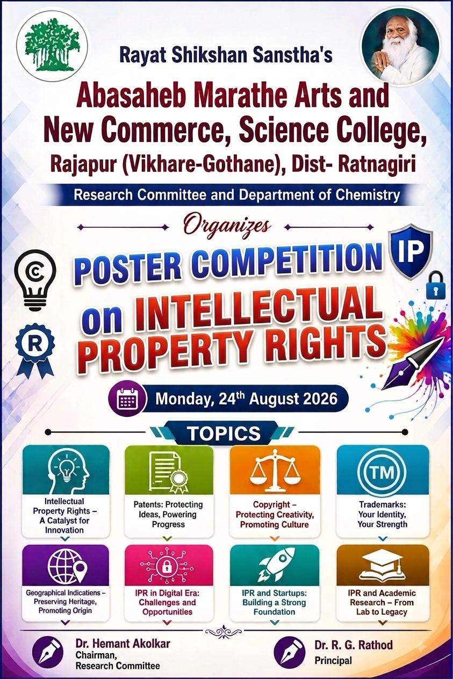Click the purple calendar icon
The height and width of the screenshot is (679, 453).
(127, 399)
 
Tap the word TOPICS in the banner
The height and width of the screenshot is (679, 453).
(225, 434)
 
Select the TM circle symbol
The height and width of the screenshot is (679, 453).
(382, 473)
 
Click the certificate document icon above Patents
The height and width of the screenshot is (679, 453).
(168, 473)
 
